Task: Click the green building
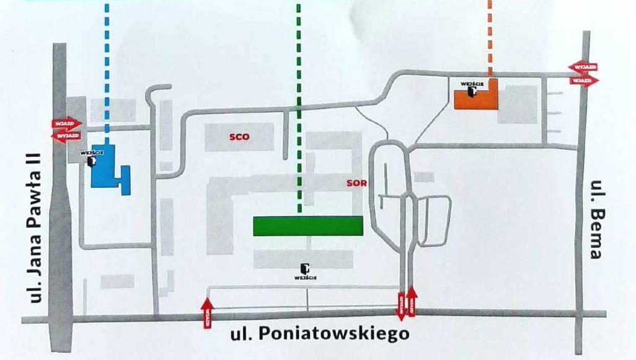[x=307, y=226]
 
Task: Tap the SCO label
[x=239, y=138]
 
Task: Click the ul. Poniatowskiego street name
[x=320, y=335]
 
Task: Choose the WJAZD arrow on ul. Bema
[x=584, y=81]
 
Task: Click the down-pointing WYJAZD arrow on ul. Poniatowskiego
[x=400, y=306]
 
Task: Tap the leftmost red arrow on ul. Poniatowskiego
[x=208, y=312]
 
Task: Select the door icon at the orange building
[x=472, y=92]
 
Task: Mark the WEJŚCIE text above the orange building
[x=472, y=82]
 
